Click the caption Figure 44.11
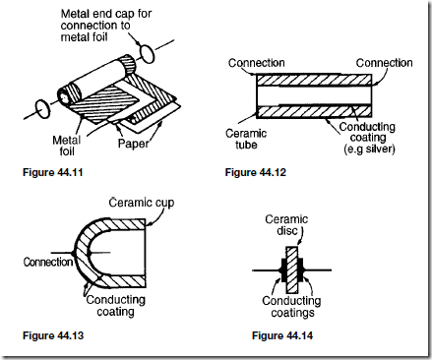coord(52,172)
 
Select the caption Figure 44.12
coord(256,172)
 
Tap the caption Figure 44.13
coord(53,335)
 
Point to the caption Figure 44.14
coord(282,335)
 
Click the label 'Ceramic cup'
coord(142,203)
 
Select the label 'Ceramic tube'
coord(246,139)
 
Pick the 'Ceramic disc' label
coord(286,224)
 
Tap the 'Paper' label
coord(133,144)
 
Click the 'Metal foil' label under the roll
coord(67,146)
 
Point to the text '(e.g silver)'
coord(369,150)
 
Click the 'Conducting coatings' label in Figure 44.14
coord(291,307)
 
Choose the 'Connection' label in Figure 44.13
coord(48,262)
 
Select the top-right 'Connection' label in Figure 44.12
coord(384,63)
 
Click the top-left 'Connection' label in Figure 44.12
coord(257,63)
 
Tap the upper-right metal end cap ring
coord(147,54)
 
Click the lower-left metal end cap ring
coord(42,109)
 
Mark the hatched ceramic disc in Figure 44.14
coord(291,270)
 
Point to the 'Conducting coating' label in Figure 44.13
coord(115,306)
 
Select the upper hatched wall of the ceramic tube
coord(314,80)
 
